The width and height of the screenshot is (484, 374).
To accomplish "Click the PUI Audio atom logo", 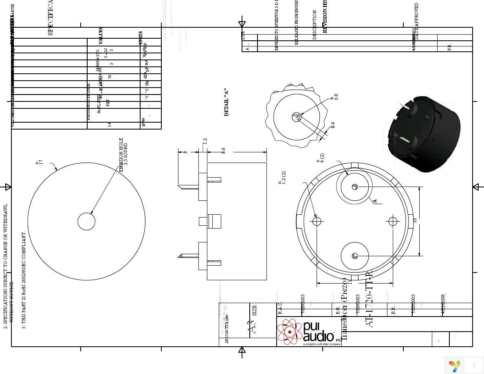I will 290,332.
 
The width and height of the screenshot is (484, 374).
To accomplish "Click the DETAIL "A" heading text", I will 227,102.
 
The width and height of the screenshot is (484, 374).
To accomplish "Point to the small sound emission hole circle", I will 86,222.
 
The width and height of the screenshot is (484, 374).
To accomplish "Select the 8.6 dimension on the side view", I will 223,151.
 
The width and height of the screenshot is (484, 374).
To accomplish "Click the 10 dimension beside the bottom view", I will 415,220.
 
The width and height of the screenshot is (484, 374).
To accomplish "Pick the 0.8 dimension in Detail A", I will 336,97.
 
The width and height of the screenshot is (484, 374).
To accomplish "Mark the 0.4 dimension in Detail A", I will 332,125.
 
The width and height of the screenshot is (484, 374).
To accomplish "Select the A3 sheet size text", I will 253,327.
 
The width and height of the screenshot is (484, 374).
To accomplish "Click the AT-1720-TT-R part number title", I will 369,299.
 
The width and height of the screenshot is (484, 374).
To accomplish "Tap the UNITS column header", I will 141,38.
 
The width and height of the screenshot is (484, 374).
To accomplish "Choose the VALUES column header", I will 101,36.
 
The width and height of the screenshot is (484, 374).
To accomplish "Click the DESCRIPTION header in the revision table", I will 315,25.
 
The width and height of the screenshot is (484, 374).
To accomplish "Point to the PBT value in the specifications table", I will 108,102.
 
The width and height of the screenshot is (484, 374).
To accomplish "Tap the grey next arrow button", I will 474,365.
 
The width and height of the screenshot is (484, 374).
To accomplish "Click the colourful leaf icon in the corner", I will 454,365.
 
